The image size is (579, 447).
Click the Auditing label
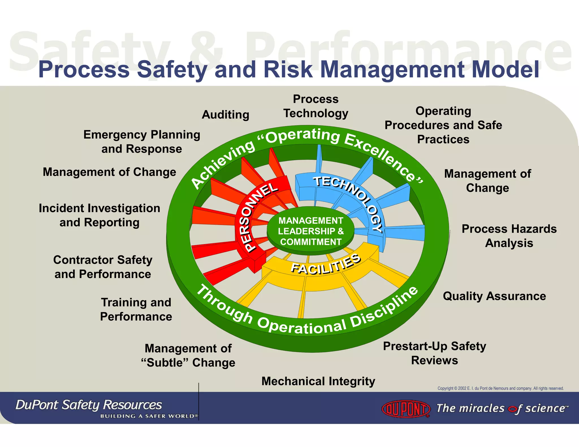point(225,115)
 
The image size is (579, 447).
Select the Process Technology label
point(316,106)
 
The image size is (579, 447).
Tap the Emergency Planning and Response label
point(142,142)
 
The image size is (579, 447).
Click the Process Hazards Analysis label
point(509,236)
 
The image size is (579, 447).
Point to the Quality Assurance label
point(494,296)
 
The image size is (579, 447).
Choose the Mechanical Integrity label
point(318,381)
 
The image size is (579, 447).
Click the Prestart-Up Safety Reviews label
point(435,353)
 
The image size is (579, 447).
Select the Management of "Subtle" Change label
point(188,355)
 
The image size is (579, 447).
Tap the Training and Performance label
point(136,309)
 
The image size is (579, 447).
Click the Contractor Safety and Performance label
point(103,267)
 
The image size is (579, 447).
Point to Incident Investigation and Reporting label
point(100,215)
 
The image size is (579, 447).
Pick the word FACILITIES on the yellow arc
point(326,264)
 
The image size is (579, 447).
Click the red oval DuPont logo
point(406,409)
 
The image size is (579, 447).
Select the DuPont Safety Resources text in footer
point(88,405)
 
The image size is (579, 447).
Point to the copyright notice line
point(500,388)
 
